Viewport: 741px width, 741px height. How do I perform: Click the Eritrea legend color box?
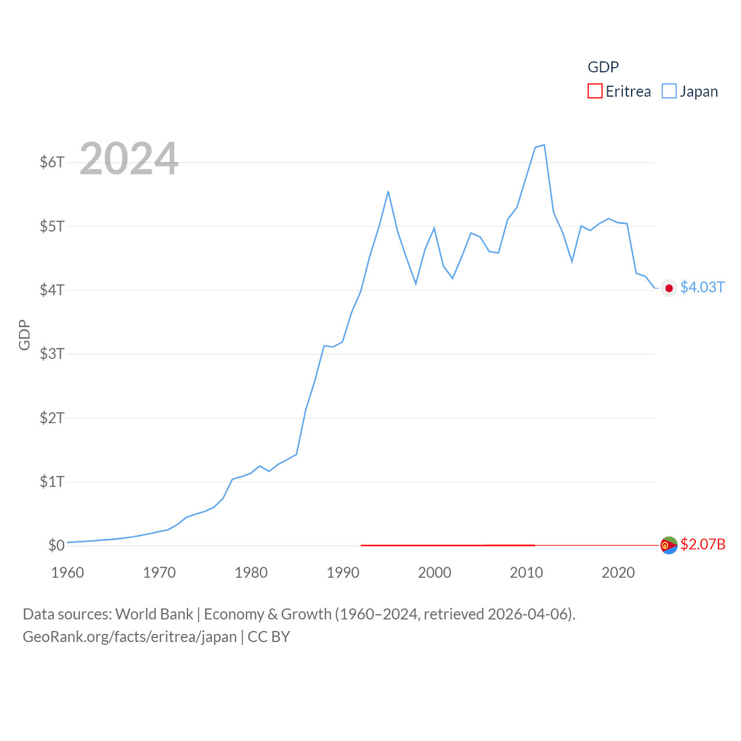point(595,91)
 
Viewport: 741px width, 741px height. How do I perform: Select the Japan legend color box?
point(669,91)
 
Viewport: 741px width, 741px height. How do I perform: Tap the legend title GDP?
point(603,67)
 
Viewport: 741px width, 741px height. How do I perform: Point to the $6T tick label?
point(52,162)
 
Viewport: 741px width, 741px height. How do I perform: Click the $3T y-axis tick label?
point(52,354)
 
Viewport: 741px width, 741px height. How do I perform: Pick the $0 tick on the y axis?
point(56,545)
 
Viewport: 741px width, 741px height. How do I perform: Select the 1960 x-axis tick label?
point(68,573)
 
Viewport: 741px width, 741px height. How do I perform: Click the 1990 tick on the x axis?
point(343,573)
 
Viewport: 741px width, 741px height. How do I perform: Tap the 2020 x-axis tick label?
point(618,573)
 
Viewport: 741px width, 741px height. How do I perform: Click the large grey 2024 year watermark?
point(129,159)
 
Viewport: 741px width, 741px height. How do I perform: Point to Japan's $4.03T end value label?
point(702,288)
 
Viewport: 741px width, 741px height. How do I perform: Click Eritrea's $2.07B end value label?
point(703,544)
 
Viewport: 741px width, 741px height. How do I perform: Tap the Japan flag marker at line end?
point(669,288)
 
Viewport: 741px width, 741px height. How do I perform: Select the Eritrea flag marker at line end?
point(669,545)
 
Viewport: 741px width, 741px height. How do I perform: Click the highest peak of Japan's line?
point(544,145)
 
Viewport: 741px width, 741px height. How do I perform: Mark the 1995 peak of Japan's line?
point(388,192)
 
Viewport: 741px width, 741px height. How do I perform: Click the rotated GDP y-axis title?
point(24,335)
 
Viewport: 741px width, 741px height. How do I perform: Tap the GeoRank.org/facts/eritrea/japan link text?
point(130,637)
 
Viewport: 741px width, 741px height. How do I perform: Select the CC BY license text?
point(269,637)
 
